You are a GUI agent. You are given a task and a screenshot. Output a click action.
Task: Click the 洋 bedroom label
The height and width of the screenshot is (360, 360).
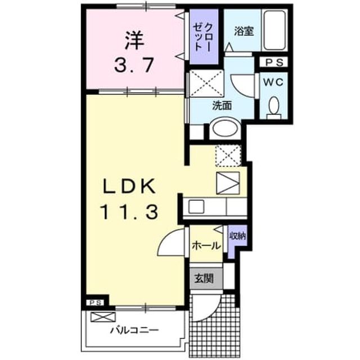(x=134, y=41)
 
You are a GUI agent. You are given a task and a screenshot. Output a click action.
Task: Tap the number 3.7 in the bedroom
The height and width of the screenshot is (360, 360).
(x=134, y=65)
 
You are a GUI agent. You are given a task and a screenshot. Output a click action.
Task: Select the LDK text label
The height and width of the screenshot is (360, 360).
(x=129, y=186)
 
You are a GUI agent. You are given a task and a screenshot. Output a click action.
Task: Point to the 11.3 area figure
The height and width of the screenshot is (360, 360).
(x=129, y=212)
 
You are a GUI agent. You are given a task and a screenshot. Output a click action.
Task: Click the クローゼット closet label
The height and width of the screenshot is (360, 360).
(x=202, y=37)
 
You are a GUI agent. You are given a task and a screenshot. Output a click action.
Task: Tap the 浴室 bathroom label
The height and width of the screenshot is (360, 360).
(x=244, y=31)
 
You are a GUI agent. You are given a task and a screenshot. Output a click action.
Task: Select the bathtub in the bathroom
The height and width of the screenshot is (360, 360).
(x=274, y=30)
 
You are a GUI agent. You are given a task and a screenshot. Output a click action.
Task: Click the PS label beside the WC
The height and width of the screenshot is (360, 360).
(x=274, y=62)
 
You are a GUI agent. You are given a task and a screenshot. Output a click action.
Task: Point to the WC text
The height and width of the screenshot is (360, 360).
(x=273, y=82)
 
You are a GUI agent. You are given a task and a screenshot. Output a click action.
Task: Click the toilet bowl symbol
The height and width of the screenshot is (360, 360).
(x=274, y=106)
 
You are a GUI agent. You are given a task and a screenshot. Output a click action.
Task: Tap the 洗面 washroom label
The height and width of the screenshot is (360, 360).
(x=222, y=106)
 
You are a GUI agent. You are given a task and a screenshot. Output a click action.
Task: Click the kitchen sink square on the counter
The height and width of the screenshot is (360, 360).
(x=196, y=206)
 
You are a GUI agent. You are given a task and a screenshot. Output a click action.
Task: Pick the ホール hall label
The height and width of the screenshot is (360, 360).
(x=206, y=246)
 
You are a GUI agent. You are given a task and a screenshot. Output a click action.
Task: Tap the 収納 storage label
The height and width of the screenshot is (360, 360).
(x=238, y=236)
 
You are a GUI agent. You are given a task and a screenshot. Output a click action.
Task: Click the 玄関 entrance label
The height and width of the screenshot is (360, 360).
(x=204, y=278)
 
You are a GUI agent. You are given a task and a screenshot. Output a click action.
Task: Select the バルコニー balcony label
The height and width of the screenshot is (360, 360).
(x=134, y=330)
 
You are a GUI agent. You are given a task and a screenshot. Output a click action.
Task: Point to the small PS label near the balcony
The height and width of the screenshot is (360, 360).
(x=95, y=303)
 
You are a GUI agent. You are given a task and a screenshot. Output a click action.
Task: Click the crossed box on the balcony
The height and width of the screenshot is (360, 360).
(x=102, y=317)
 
